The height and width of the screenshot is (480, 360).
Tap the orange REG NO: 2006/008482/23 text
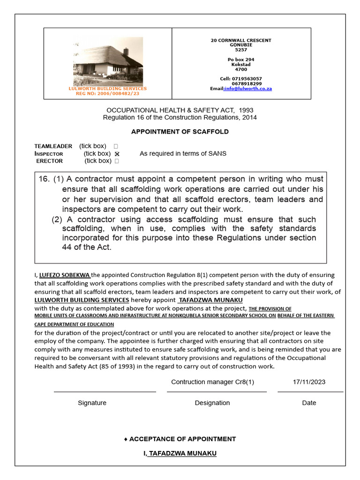(x=108, y=94)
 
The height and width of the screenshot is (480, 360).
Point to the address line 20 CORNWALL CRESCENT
(x=241, y=40)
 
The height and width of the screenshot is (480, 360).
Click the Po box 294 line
(x=241, y=60)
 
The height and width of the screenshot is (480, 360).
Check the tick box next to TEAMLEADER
(x=116, y=146)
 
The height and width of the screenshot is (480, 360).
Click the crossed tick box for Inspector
(x=117, y=154)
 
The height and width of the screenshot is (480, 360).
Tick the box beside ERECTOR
(x=117, y=161)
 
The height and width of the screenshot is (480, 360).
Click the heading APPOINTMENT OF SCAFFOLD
(x=180, y=132)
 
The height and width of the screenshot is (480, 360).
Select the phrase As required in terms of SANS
(x=183, y=154)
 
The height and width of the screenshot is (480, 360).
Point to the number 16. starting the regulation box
(x=44, y=179)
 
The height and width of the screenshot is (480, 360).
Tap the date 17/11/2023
(x=309, y=382)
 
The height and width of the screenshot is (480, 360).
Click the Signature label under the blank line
(x=92, y=403)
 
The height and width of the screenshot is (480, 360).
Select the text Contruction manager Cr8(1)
(x=213, y=382)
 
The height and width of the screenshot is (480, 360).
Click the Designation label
(x=212, y=403)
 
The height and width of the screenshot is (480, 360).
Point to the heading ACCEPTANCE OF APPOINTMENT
(x=182, y=439)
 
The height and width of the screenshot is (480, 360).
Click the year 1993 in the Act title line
(x=246, y=111)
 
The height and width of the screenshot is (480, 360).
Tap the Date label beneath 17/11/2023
(x=309, y=403)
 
